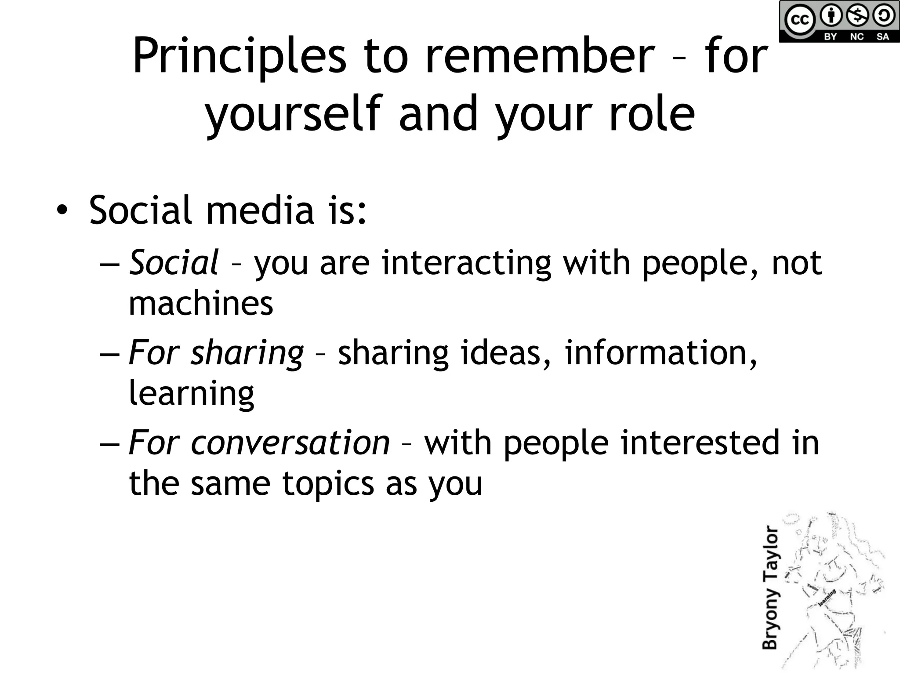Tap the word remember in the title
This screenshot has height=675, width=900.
pyautogui.click(x=540, y=56)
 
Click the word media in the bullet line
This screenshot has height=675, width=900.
pyautogui.click(x=260, y=210)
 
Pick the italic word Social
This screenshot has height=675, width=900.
pyautogui.click(x=174, y=263)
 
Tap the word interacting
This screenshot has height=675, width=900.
pyautogui.click(x=466, y=264)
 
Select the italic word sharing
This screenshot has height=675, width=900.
pyautogui.click(x=247, y=353)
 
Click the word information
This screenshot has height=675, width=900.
pyautogui.click(x=660, y=352)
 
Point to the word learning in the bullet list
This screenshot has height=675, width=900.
pyautogui.click(x=191, y=394)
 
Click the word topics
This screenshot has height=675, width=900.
pyautogui.click(x=328, y=483)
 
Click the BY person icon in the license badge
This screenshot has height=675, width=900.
pyautogui.click(x=831, y=16)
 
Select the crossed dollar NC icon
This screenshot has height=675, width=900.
pyautogui.click(x=857, y=16)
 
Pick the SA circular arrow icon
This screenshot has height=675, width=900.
pyautogui.click(x=883, y=16)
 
